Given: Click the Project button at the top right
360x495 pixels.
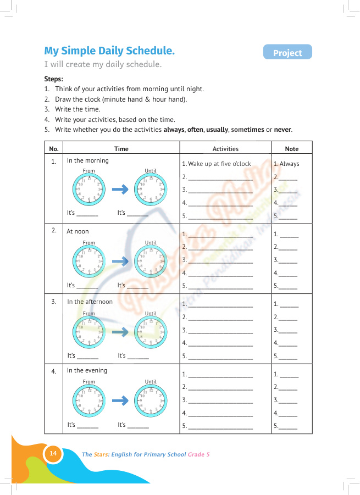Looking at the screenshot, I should pyautogui.click(x=287, y=53).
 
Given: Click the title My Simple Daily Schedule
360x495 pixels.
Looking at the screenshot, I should pyautogui.click(x=109, y=51).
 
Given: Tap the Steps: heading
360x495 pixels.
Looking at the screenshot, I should pyautogui.click(x=53, y=79).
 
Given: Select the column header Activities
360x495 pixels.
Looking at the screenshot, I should pyautogui.click(x=225, y=149).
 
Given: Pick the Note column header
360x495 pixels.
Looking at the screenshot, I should pyautogui.click(x=291, y=149).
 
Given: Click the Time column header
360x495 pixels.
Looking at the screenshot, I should pyautogui.click(x=121, y=149).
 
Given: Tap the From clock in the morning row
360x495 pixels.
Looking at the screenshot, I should pyautogui.click(x=88, y=190).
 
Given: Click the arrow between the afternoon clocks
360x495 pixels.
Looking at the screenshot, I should pyautogui.click(x=120, y=332).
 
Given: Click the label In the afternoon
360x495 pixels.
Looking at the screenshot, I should pyautogui.click(x=90, y=302).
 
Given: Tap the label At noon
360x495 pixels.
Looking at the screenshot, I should pyautogui.click(x=77, y=231).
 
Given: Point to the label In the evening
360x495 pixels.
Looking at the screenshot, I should pyautogui.click(x=87, y=370).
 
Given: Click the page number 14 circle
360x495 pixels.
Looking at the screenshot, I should pyautogui.click(x=53, y=454).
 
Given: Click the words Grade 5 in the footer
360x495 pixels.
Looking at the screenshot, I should pyautogui.click(x=198, y=454).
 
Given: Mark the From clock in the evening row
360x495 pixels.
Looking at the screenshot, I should pyautogui.click(x=88, y=401).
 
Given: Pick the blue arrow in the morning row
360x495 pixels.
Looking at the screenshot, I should pyautogui.click(x=120, y=190).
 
